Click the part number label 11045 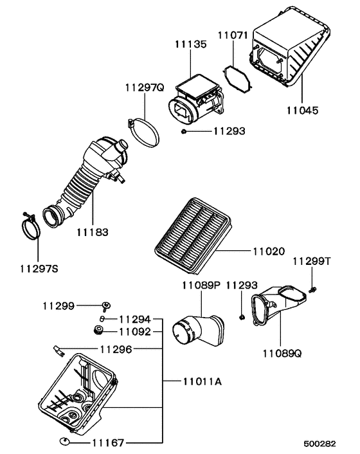pyautogui.click(x=301, y=111)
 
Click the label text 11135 pyautogui.click(x=190, y=44)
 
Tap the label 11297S pyautogui.click(x=36, y=268)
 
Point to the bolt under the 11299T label pyautogui.click(x=312, y=291)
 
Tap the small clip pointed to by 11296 pyautogui.click(x=59, y=350)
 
